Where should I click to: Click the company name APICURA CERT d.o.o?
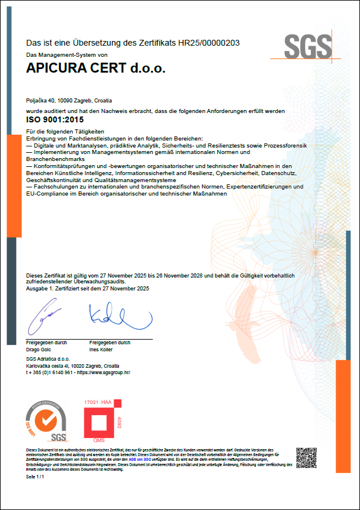(96, 69)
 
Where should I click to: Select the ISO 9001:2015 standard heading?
(54, 119)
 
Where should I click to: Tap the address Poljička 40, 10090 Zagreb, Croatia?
(69, 101)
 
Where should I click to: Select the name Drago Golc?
(39, 350)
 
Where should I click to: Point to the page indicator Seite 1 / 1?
(35, 478)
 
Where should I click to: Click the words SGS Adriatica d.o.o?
(48, 358)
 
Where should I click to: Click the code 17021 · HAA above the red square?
(98, 403)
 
